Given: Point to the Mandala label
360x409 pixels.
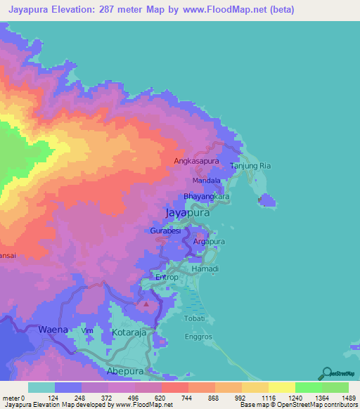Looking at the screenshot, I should coord(207,181).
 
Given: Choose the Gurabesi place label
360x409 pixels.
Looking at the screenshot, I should coord(166,231).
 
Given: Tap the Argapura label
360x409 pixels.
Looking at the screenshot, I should coord(209,242).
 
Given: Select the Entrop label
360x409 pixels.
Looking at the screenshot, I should coord(167,278).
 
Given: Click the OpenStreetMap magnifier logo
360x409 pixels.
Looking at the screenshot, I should coord(326,372).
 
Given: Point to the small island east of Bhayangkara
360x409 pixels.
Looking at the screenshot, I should coord(266,201).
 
